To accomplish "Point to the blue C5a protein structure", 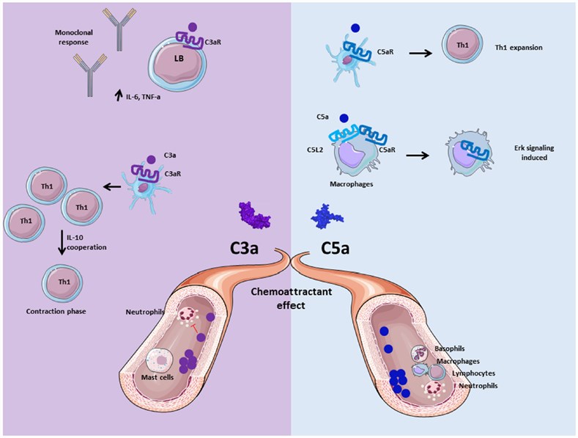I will point(328,216).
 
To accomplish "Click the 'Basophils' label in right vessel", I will point(453,348).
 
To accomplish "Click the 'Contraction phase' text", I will point(58,312).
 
